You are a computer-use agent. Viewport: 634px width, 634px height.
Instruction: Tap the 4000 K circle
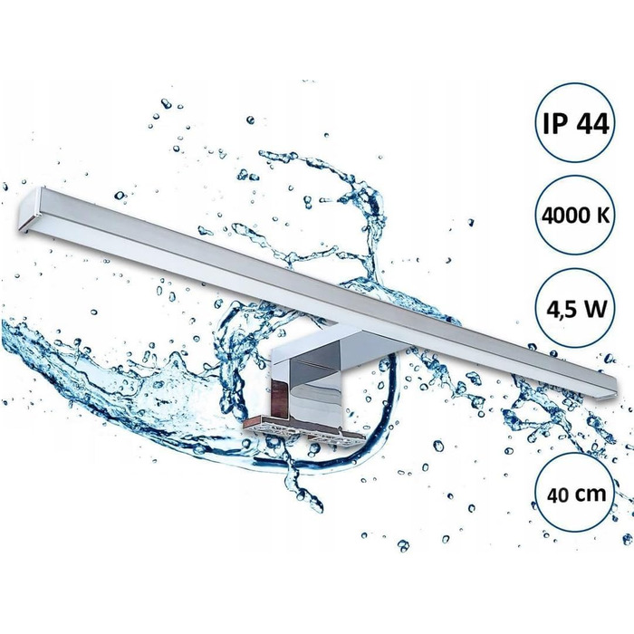pos(575,216)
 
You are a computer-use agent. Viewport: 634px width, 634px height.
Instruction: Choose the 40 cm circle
pos(575,494)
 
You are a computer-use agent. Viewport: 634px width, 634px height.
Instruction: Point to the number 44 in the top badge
pos(592,123)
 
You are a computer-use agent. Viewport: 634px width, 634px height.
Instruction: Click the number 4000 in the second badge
pos(562,216)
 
